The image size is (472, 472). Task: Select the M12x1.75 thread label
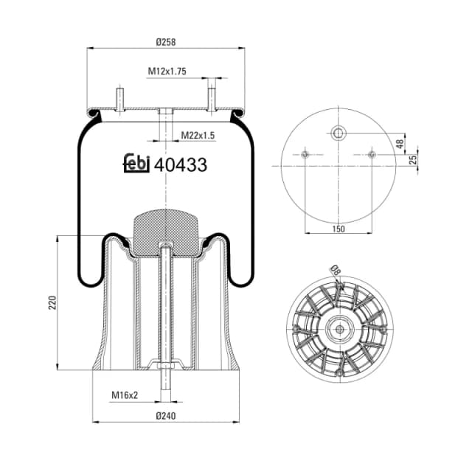pyautogui.click(x=166, y=72)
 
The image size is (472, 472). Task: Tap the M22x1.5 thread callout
pyautogui.click(x=177, y=136)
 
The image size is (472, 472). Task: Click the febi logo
pyautogui.click(x=136, y=163)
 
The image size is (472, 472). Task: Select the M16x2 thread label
pyautogui.click(x=125, y=396)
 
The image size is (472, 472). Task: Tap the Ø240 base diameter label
pyautogui.click(x=167, y=415)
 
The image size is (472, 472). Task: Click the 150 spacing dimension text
pyautogui.click(x=338, y=229)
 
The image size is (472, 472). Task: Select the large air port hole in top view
pyautogui.click(x=338, y=133)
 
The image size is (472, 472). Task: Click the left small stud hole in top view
pyautogui.click(x=304, y=154)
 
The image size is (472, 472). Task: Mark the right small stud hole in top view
pyautogui.click(x=372, y=154)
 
